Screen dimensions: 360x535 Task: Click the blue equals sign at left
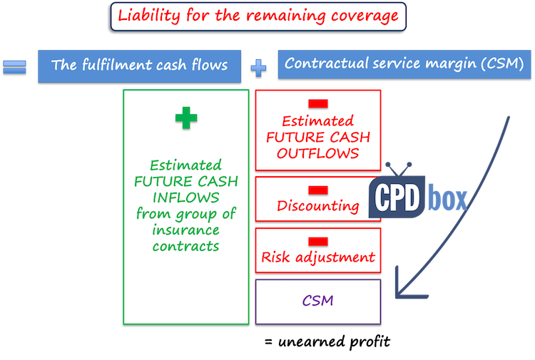15,67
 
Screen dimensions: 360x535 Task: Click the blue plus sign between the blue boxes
260,68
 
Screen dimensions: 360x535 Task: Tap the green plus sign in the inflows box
185,119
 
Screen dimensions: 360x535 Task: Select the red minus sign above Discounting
318,190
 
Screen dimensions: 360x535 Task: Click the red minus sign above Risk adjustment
318,240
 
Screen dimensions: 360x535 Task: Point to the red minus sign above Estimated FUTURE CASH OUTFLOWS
318,105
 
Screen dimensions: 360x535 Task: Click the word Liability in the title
147,16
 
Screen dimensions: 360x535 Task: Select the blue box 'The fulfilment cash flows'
140,66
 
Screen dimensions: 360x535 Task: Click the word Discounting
318,207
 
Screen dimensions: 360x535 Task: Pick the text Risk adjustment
318,257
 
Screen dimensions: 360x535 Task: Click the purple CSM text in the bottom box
318,301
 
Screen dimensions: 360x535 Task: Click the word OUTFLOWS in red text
319,153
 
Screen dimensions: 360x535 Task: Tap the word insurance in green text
185,230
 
